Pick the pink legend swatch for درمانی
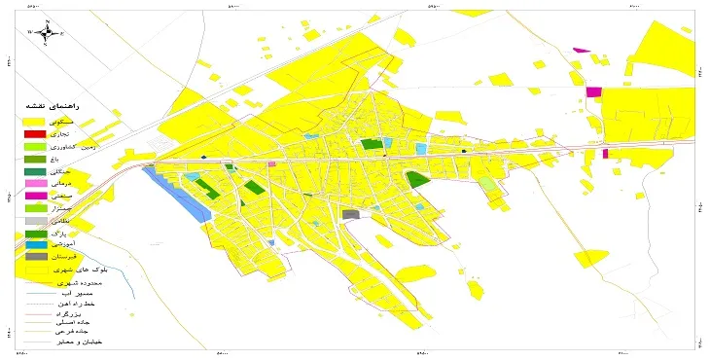36,183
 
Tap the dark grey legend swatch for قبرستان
36,257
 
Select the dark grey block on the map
350,215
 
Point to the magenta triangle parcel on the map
583,50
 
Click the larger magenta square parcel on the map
593,91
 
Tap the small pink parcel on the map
271,164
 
